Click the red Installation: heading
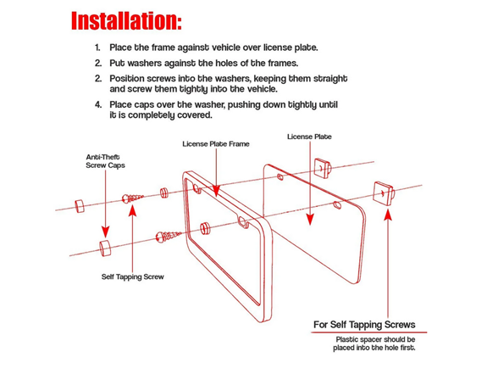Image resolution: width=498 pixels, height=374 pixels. [x=126, y=21]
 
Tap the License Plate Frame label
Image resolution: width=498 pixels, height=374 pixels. [x=216, y=144]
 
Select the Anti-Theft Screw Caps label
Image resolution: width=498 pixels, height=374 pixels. [x=105, y=161]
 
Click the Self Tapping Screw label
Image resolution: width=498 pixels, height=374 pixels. [x=132, y=276]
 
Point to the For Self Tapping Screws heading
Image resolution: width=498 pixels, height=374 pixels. [x=364, y=325]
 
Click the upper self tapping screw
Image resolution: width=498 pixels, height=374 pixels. [x=133, y=198]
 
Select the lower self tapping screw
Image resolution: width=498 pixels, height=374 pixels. [x=168, y=237]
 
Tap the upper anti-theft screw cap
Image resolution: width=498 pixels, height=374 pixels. [x=80, y=206]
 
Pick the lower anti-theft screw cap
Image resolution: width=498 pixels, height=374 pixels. [x=105, y=248]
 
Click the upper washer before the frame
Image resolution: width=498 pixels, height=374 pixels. [x=164, y=193]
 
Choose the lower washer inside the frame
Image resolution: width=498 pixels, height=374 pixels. [x=205, y=228]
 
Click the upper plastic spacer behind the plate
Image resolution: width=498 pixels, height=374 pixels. [x=323, y=167]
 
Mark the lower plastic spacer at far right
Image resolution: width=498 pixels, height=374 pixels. [x=384, y=193]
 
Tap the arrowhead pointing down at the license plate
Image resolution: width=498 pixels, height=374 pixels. [x=310, y=220]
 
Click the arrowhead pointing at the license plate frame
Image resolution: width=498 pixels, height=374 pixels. [x=216, y=191]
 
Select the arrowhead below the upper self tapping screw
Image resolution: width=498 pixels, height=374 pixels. [x=132, y=211]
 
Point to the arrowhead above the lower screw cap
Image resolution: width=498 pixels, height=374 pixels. [x=105, y=232]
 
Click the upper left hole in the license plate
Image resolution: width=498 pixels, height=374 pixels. [x=280, y=176]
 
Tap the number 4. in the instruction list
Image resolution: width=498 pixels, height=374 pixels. [x=98, y=104]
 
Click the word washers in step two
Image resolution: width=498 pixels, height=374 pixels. [x=136, y=63]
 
